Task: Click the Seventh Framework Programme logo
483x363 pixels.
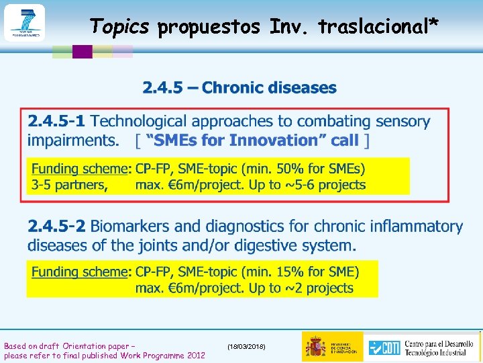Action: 24,23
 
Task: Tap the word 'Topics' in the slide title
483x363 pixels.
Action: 120,26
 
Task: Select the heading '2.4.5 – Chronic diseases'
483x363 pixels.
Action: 239,87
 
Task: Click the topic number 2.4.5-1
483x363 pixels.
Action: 56,122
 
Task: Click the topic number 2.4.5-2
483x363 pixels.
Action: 56,227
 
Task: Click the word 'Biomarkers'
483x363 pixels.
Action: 129,227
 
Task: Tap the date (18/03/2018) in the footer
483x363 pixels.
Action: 246,346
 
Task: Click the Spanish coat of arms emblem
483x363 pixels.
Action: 315,346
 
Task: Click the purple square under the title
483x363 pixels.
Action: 82,52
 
